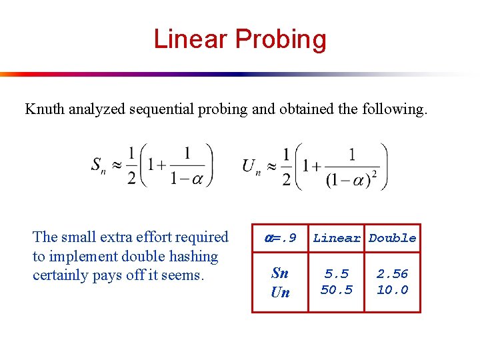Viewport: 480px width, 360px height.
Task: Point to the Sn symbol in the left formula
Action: point(99,166)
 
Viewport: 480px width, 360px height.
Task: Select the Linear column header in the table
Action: point(337,238)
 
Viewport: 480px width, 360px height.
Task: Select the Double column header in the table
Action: point(393,238)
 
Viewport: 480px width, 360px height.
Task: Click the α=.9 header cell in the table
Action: point(280,238)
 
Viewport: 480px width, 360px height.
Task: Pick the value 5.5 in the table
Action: point(337,274)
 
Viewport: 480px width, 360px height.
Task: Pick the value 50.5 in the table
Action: point(337,290)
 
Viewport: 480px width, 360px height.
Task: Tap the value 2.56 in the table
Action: point(393,274)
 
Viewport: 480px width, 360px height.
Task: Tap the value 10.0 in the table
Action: point(393,290)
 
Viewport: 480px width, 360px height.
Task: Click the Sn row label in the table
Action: point(280,273)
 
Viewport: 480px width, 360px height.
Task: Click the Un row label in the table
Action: point(280,292)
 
